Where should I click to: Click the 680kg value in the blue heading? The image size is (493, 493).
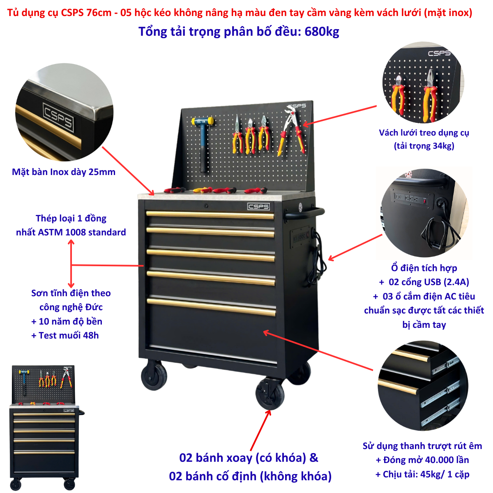[x=322, y=32]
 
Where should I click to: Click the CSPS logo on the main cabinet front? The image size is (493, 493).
[x=258, y=206]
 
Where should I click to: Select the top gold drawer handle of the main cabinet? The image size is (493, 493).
[x=210, y=214]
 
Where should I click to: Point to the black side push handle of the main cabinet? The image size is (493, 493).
[x=304, y=212]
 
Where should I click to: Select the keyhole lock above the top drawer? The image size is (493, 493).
[x=206, y=206]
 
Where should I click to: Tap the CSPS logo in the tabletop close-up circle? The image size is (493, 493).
[x=58, y=117]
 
